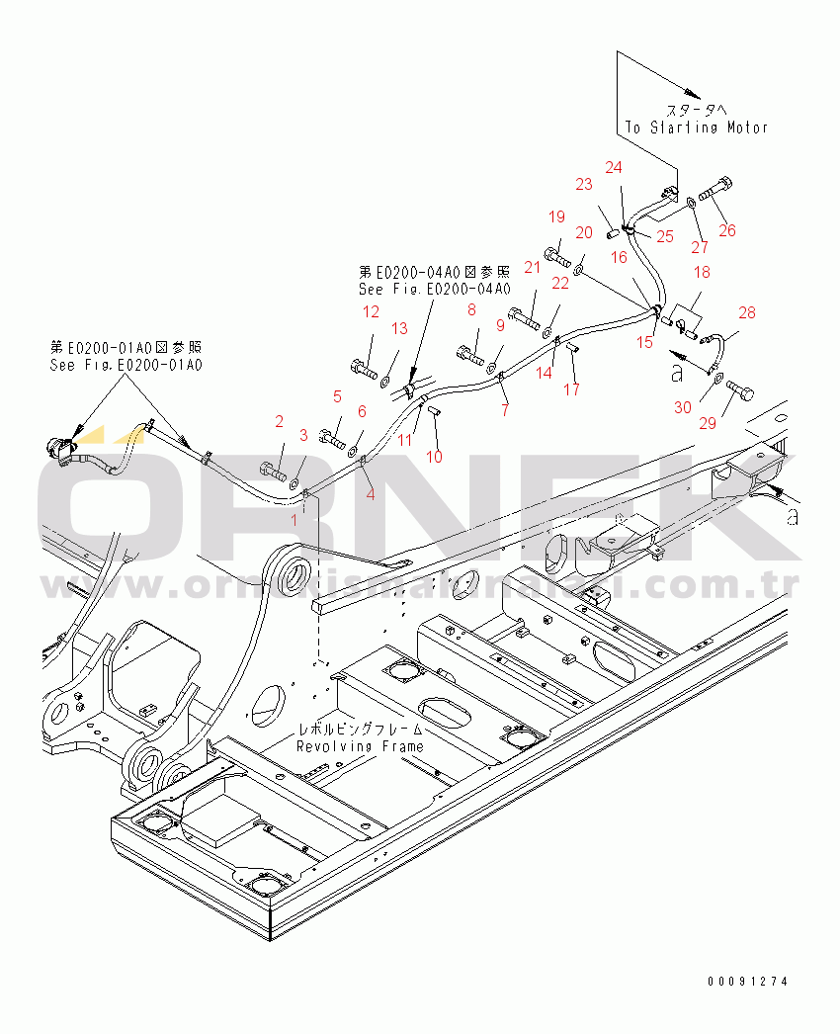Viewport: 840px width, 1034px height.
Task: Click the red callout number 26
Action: click(x=727, y=230)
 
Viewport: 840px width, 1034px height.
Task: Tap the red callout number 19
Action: click(x=556, y=217)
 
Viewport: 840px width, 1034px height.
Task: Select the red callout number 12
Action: click(x=371, y=312)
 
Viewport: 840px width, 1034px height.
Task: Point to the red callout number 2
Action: click(x=279, y=422)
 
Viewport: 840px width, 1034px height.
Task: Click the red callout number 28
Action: click(x=747, y=312)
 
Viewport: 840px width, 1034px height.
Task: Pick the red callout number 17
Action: click(x=572, y=389)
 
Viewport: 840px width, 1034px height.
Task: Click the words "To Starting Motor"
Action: click(x=696, y=127)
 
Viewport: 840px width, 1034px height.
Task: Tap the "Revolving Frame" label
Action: click(x=360, y=747)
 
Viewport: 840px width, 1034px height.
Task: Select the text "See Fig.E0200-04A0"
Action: click(x=434, y=289)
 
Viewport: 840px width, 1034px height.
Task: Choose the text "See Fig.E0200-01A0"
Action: click(x=126, y=365)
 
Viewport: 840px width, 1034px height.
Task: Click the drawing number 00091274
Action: click(x=748, y=982)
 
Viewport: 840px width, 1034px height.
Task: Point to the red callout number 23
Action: click(x=584, y=184)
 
